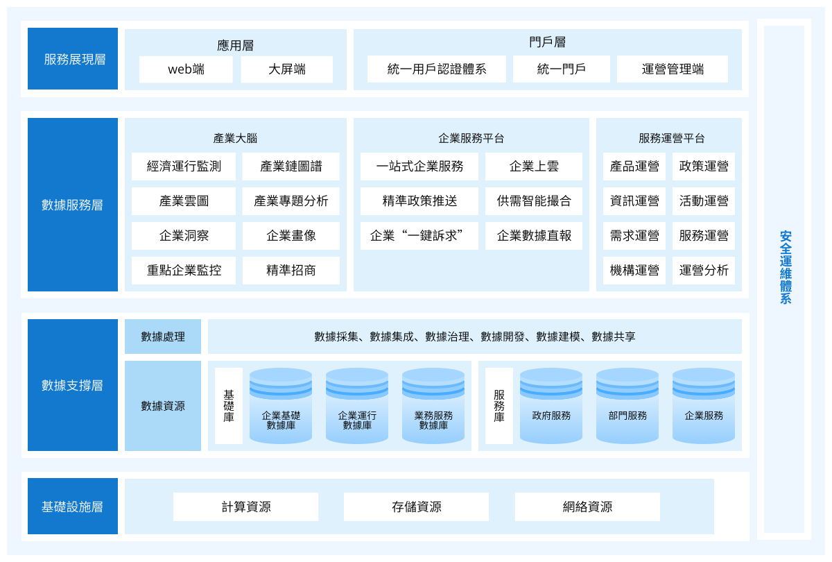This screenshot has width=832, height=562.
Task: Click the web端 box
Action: [x=186, y=69]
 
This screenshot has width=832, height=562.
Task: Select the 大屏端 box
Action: [x=287, y=69]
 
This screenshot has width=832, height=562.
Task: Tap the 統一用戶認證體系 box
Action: [x=436, y=69]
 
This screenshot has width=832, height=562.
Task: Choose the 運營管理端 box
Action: [x=673, y=69]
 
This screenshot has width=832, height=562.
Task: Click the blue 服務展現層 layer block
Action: [x=73, y=59]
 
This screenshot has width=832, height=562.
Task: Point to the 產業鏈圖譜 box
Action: [x=291, y=166]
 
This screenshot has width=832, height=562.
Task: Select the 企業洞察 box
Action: [x=184, y=236]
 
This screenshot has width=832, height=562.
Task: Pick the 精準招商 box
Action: [x=291, y=270]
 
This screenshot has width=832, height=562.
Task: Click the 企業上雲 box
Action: [x=534, y=166]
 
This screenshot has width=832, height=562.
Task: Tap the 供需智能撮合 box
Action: [x=534, y=201]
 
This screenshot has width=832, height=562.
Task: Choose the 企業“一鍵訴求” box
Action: [x=419, y=236]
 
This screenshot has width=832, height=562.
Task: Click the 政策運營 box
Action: [x=704, y=166]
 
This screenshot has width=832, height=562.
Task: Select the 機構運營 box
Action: [x=634, y=270]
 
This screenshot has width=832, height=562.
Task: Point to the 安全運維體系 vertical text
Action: [x=785, y=267]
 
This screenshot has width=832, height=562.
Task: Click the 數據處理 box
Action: [x=163, y=337]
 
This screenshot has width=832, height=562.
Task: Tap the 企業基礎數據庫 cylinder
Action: [x=281, y=406]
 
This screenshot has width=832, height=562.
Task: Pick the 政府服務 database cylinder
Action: [x=551, y=406]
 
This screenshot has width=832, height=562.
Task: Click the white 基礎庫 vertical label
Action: [x=229, y=406]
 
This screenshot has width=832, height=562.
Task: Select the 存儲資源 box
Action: [x=416, y=506]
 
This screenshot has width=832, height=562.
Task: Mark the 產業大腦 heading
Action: [x=235, y=138]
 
